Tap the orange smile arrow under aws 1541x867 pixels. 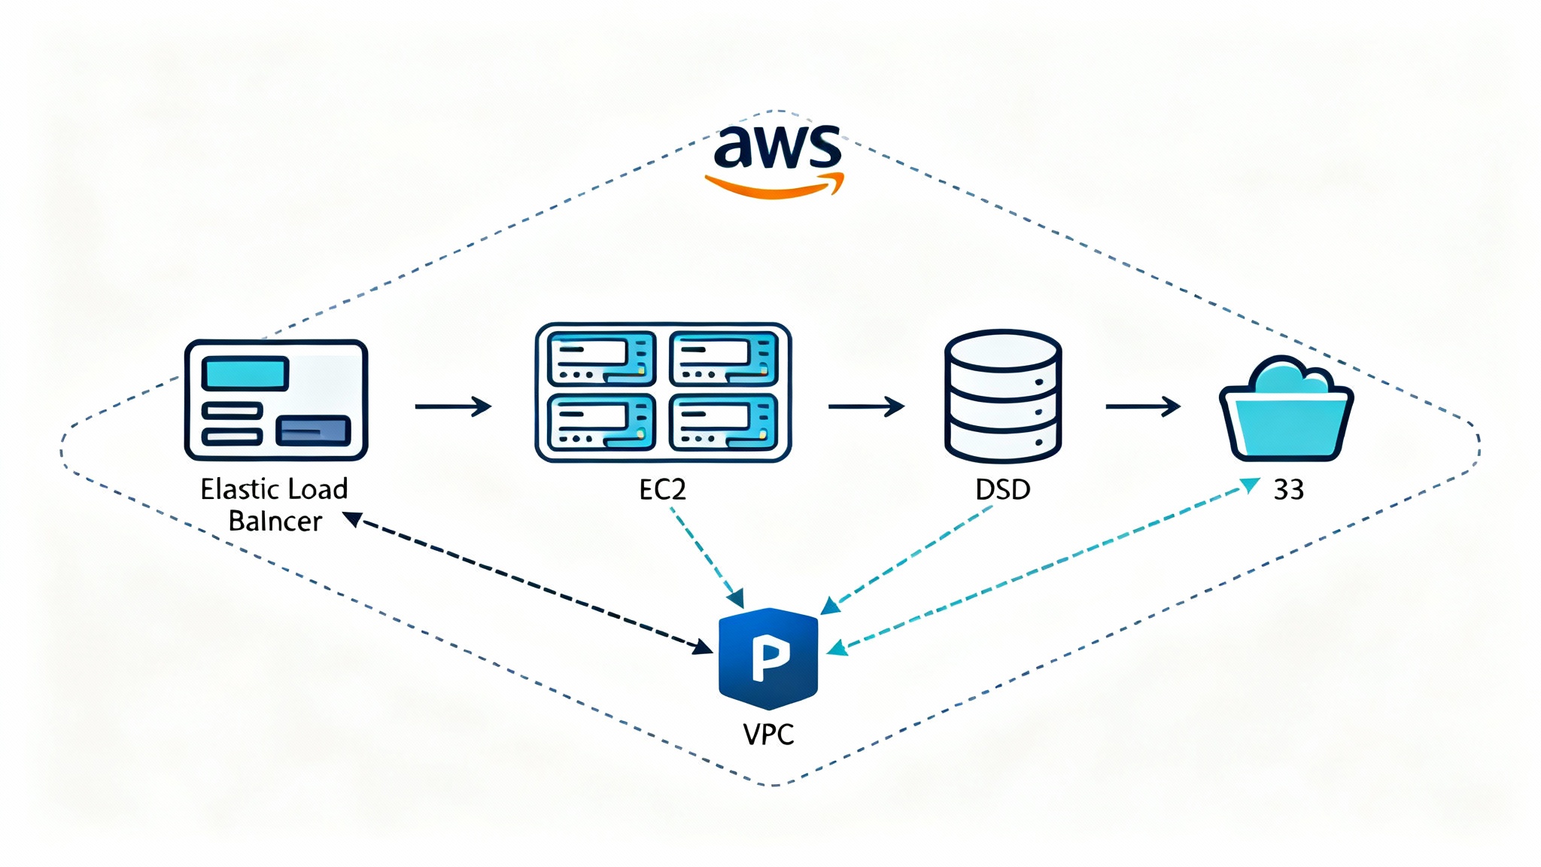point(775,187)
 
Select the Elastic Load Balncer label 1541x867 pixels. point(275,505)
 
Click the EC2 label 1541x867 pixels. point(662,490)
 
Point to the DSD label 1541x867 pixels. point(1002,490)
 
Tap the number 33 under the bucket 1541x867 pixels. point(1288,490)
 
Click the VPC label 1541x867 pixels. point(768,735)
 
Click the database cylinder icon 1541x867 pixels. point(1002,396)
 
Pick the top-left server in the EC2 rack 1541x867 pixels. point(601,358)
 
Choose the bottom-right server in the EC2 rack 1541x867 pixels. point(724,421)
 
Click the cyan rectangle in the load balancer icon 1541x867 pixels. point(245,373)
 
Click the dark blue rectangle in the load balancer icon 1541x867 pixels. point(313,430)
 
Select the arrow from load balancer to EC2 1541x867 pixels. point(453,406)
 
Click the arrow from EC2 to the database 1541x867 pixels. point(866,406)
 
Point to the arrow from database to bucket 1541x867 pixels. point(1142,406)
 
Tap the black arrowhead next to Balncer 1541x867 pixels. point(352,519)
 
